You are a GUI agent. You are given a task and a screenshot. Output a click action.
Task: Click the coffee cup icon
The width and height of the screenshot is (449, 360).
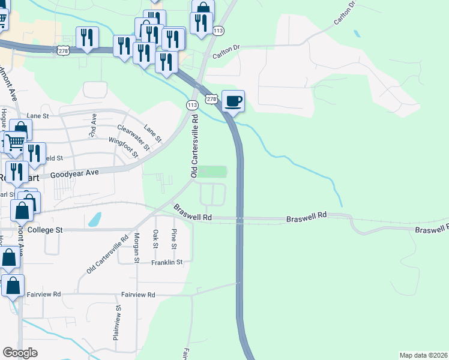coord(234,100)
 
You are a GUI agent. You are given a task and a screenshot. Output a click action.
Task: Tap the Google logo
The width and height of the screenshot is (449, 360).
coord(20,353)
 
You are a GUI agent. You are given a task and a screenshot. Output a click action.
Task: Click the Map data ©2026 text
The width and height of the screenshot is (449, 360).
coord(423,355)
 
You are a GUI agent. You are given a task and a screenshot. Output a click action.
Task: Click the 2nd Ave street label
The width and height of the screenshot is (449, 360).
coord(94,125)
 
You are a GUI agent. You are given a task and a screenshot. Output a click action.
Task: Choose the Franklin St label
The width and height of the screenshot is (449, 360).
coord(166,262)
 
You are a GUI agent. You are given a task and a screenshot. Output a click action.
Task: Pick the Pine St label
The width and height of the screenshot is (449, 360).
coord(174,239)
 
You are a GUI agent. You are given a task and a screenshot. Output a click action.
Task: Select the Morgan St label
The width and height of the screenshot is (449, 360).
coord(137,248)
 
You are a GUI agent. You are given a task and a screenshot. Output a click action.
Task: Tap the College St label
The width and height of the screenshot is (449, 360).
coord(45,230)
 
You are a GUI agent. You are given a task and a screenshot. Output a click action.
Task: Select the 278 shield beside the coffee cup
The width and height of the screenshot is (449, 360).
coord(211,98)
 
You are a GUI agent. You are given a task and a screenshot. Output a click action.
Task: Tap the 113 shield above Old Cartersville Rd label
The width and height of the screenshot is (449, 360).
coord(192,105)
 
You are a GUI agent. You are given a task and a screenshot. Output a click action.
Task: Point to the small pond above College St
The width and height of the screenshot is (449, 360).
coord(94,220)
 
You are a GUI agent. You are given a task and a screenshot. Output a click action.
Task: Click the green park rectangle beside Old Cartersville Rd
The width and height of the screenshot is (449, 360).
coord(212,172)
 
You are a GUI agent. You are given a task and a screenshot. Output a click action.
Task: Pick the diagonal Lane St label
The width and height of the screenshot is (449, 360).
coord(153,133)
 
